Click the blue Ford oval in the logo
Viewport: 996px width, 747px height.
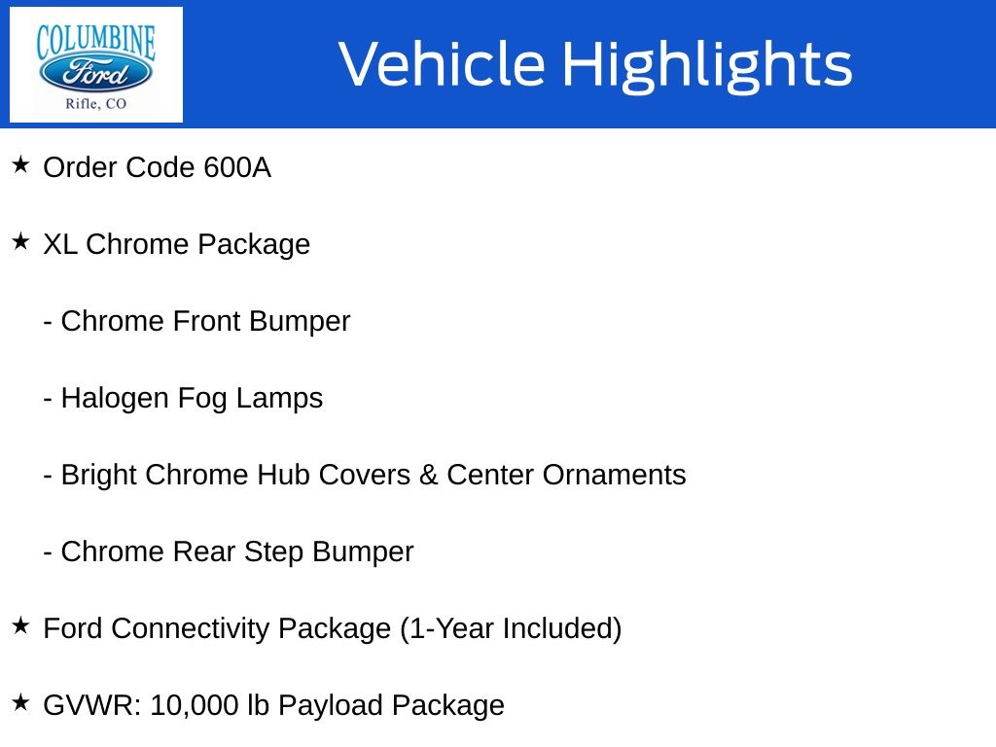pos(95,73)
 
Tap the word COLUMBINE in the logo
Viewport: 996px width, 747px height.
pos(95,42)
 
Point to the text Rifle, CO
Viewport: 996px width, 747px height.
pos(96,103)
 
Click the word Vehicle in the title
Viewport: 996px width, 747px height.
pos(443,63)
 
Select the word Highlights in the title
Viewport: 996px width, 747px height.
pos(708,65)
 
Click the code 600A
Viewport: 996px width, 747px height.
pos(237,167)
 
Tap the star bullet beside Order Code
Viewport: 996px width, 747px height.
pos(20,164)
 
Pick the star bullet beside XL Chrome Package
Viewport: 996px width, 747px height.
pos(20,241)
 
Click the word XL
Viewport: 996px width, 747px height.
pos(60,244)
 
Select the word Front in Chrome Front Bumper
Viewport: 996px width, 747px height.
pos(207,321)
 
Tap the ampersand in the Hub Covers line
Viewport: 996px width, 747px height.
pos(429,475)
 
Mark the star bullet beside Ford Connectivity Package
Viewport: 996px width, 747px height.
pos(20,625)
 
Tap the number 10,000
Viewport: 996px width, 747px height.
pos(195,706)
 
